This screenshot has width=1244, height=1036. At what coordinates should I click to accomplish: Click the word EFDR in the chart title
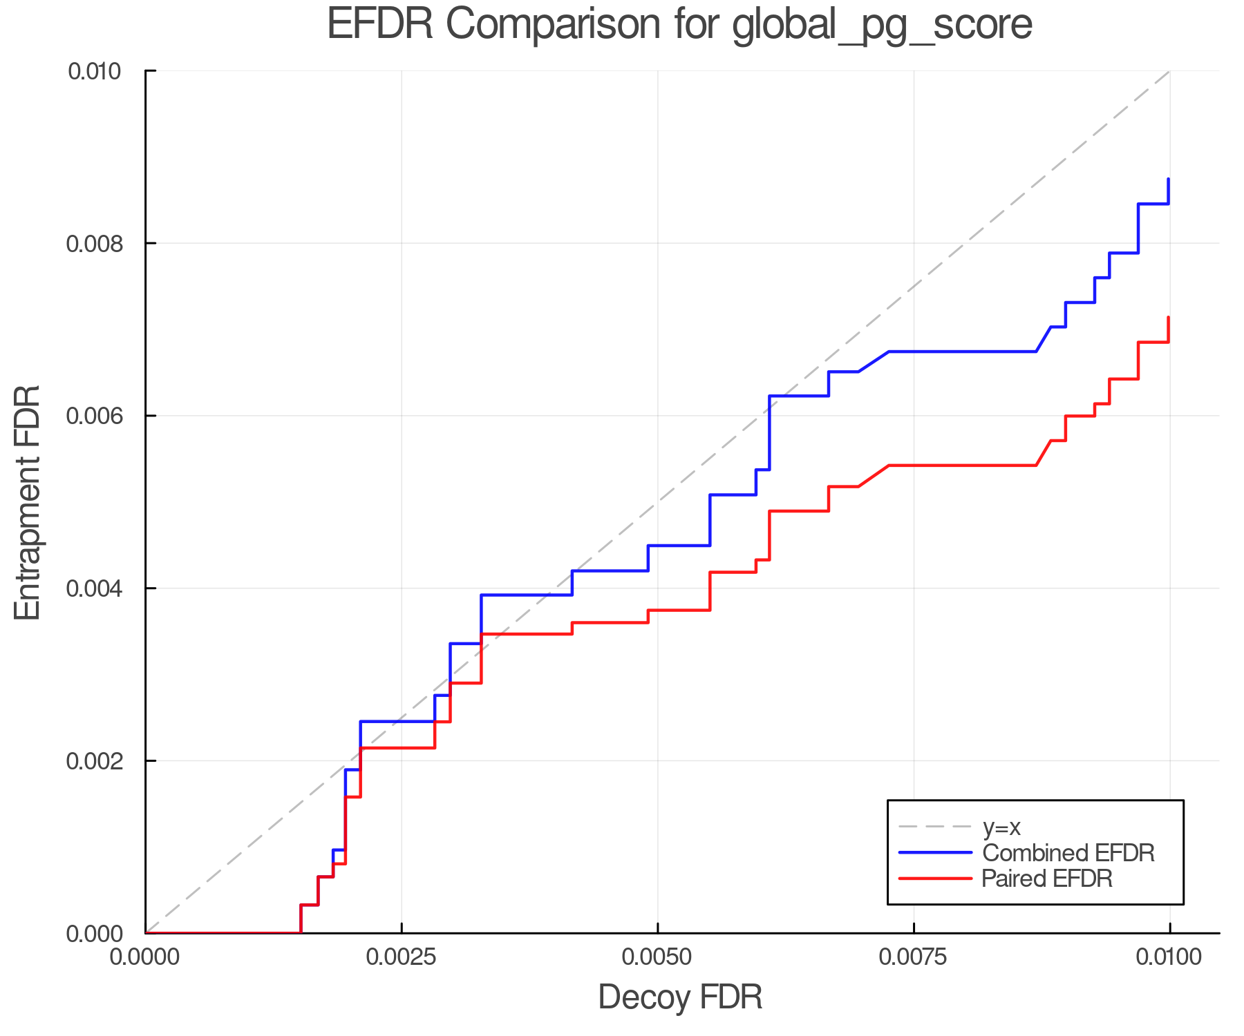click(x=380, y=24)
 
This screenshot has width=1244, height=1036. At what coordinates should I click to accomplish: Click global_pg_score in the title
click(x=882, y=26)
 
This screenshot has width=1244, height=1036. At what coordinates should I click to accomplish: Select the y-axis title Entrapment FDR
click(x=28, y=502)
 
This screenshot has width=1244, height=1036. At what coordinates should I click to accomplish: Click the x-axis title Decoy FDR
click(x=680, y=997)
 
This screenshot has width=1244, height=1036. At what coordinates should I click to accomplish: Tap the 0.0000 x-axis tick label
click(x=145, y=957)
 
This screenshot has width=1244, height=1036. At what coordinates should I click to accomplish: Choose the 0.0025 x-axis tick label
click(x=402, y=957)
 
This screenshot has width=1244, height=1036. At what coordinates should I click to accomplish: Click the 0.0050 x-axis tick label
click(x=657, y=957)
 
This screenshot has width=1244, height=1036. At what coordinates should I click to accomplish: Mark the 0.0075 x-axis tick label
click(x=914, y=957)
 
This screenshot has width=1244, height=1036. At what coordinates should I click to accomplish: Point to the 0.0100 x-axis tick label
click(x=1169, y=957)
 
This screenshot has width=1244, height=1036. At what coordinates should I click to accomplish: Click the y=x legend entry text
click(x=1001, y=827)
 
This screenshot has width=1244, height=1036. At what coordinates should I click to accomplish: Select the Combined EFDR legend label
click(x=1068, y=853)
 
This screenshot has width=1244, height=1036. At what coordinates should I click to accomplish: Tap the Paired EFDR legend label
click(x=1047, y=879)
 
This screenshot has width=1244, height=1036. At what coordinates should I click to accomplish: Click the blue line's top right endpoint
click(x=1169, y=179)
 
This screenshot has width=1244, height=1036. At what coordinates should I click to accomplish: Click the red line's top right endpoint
click(x=1169, y=317)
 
